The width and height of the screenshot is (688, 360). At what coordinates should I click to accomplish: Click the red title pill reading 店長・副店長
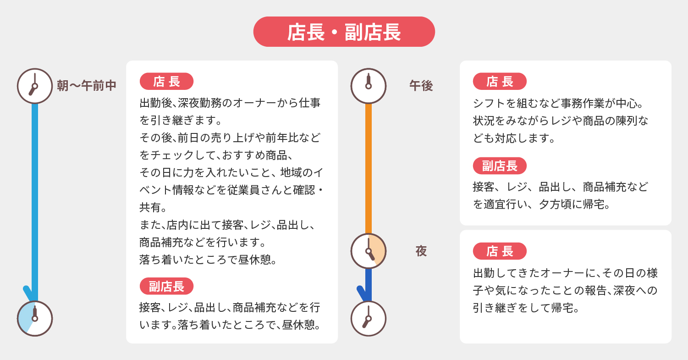[x=344, y=32]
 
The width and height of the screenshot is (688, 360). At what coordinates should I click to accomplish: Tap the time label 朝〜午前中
[x=87, y=85]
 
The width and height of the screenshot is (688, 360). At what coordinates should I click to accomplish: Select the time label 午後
[x=421, y=86]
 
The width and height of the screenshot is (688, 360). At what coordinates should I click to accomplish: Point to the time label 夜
[x=421, y=251]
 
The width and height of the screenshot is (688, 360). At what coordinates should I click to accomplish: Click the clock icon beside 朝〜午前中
[x=35, y=86]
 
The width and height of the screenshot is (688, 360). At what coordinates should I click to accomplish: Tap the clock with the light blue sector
[x=35, y=319]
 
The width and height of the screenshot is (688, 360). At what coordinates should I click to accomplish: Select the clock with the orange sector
[x=369, y=251]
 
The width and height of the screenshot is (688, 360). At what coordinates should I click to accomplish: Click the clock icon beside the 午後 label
[x=369, y=86]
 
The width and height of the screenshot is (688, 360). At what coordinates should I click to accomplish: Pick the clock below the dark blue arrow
[x=369, y=319]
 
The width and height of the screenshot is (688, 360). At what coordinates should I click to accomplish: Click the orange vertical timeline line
[x=369, y=168]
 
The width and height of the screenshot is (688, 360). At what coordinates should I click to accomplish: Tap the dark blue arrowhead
[x=363, y=294]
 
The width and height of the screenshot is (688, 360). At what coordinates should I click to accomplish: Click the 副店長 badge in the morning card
[x=166, y=286]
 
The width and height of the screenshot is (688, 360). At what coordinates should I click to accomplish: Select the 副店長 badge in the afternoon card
[x=500, y=166]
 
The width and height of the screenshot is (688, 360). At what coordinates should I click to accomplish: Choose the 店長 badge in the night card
[x=500, y=251]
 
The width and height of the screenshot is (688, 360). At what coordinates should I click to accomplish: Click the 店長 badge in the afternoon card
[x=500, y=82]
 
